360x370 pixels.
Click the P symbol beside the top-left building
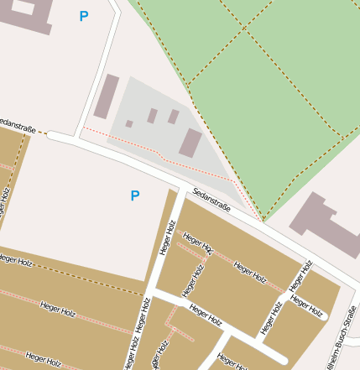click(x=83, y=16)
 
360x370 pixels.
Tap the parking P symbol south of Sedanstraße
click(x=134, y=195)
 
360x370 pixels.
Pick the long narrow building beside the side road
click(x=106, y=96)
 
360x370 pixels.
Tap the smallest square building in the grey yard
click(x=129, y=123)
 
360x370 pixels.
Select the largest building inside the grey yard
click(x=190, y=143)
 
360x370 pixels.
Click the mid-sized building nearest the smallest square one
click(x=152, y=116)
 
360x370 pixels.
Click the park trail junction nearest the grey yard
click(x=190, y=85)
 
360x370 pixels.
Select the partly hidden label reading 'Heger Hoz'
click(x=197, y=244)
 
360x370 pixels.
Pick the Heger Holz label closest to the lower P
click(x=166, y=237)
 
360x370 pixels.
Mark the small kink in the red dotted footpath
click(x=160, y=155)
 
